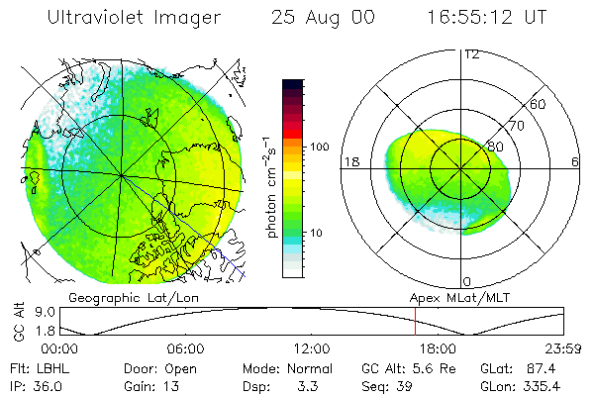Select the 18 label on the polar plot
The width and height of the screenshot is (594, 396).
[349, 160]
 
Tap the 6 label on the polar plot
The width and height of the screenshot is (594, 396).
[575, 160]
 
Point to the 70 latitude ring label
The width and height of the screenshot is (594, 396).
[516, 126]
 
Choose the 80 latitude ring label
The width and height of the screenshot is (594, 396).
[494, 147]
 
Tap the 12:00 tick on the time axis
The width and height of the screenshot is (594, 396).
[311, 349]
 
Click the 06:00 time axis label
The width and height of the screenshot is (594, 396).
[185, 349]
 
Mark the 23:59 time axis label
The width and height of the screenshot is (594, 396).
[562, 349]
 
